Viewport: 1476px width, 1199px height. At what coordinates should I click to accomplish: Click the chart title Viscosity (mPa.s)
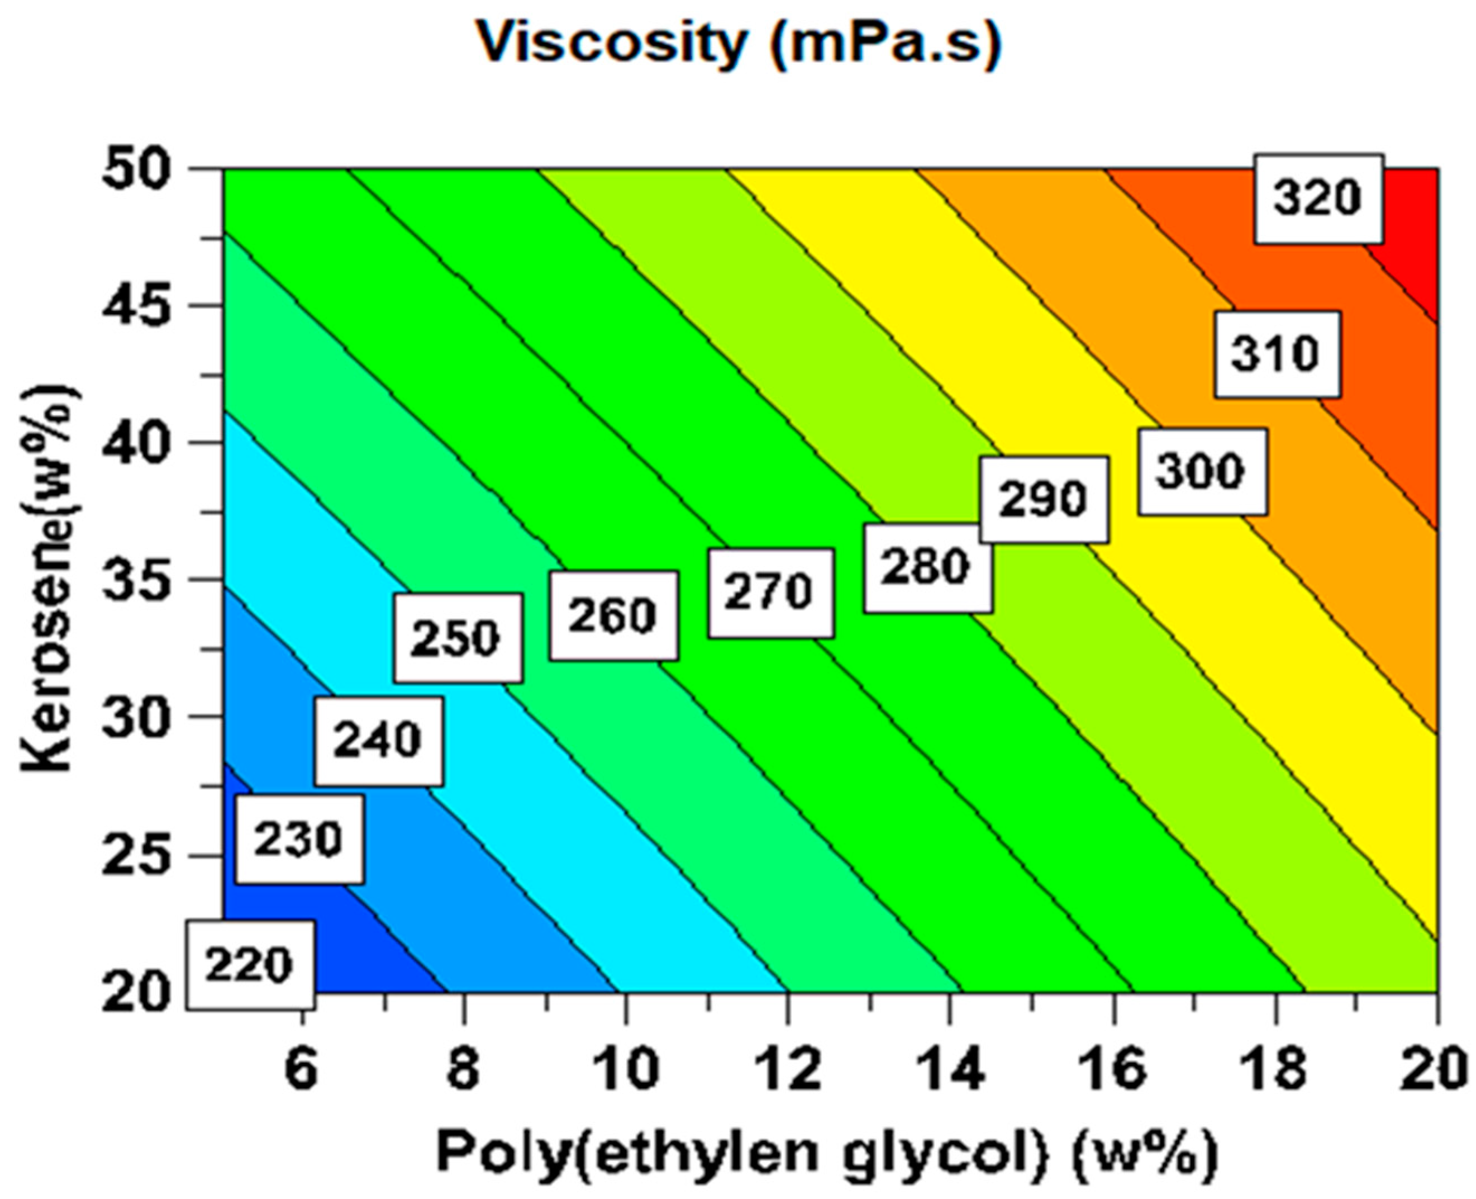pos(739,43)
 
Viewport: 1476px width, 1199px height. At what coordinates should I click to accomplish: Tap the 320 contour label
pos(1318,198)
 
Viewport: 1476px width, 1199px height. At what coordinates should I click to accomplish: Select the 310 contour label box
pos(1277,354)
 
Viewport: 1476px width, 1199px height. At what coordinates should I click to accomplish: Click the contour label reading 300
pos(1202,472)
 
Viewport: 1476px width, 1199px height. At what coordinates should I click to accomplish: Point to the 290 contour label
pos(1044,499)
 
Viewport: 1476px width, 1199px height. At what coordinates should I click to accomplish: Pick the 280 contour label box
pos(927,568)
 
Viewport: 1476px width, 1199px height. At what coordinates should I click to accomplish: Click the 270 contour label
pos(770,593)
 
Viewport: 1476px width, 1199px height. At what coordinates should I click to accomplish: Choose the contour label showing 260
pos(613,615)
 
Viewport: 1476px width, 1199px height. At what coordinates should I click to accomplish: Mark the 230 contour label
pos(298,840)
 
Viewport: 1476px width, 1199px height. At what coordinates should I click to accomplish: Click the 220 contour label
pos(250,965)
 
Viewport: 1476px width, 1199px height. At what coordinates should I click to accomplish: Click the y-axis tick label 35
pos(135,580)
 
